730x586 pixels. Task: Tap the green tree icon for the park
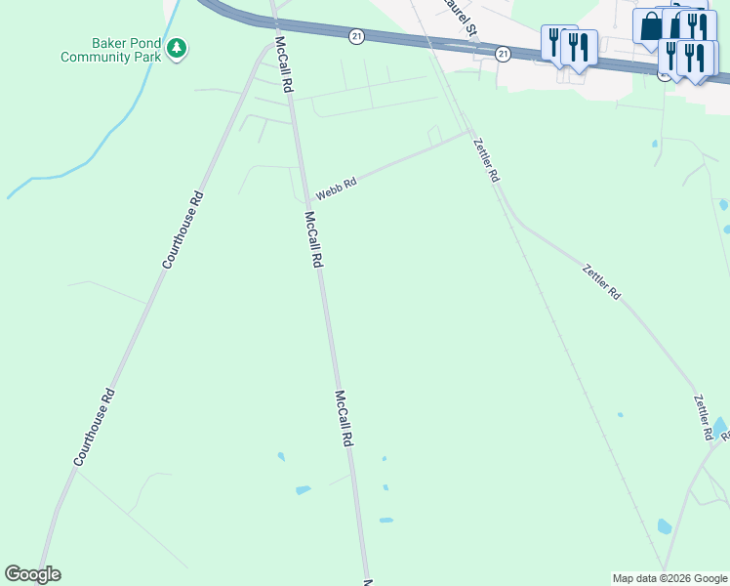[x=177, y=48]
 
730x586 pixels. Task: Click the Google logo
[x=32, y=574]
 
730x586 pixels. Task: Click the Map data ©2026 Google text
[x=669, y=578]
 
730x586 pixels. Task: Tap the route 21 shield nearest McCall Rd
[x=356, y=36]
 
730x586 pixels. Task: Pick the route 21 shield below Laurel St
[x=502, y=53]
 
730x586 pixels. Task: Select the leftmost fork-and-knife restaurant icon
[x=554, y=41]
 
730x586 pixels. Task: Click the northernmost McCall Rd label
[x=283, y=65]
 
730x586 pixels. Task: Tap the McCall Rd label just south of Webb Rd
[x=313, y=239]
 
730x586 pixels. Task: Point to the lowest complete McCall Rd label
[x=343, y=418]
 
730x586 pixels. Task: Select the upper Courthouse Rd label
[x=182, y=230]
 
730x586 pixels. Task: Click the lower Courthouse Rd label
[x=95, y=427]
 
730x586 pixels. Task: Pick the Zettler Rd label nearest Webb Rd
[x=485, y=160]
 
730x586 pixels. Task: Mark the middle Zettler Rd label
[x=600, y=281]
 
